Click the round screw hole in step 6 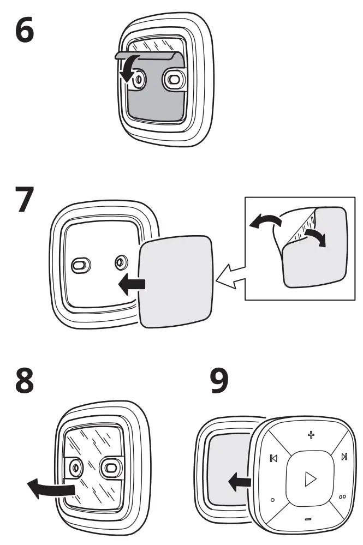139,80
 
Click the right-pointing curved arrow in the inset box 317,236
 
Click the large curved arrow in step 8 49,486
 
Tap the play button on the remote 310,479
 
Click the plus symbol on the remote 311,435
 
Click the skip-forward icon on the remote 344,457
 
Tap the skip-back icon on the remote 273,459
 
